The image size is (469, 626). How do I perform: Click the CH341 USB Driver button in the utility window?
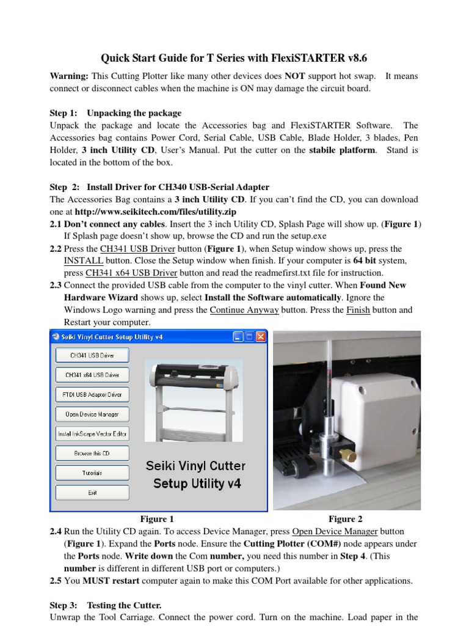[x=92, y=355]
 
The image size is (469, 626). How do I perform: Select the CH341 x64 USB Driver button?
[x=92, y=375]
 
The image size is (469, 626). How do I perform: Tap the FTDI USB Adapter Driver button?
[x=92, y=394]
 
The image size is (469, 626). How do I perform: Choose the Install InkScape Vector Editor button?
[x=92, y=433]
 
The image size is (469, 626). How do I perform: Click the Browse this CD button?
[x=92, y=453]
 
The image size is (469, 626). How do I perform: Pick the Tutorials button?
[x=92, y=473]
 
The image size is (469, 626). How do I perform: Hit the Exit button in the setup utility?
[x=92, y=492]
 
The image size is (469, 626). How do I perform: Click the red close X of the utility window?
[x=261, y=337]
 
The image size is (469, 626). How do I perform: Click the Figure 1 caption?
[x=157, y=519]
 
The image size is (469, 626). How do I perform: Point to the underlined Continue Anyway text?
[x=244, y=310]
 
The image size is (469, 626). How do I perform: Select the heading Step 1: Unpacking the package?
[x=115, y=113]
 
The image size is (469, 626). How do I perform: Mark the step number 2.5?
[x=56, y=580]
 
